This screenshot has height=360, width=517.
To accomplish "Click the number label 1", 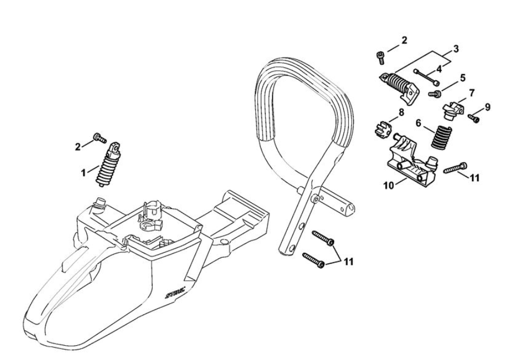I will click(84, 172).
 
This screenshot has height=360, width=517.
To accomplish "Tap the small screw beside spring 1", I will click(99, 137).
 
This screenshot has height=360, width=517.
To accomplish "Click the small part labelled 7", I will click(452, 108).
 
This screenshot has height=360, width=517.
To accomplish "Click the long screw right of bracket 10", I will click(455, 168).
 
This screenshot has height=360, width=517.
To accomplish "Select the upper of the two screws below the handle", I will click(324, 238).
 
